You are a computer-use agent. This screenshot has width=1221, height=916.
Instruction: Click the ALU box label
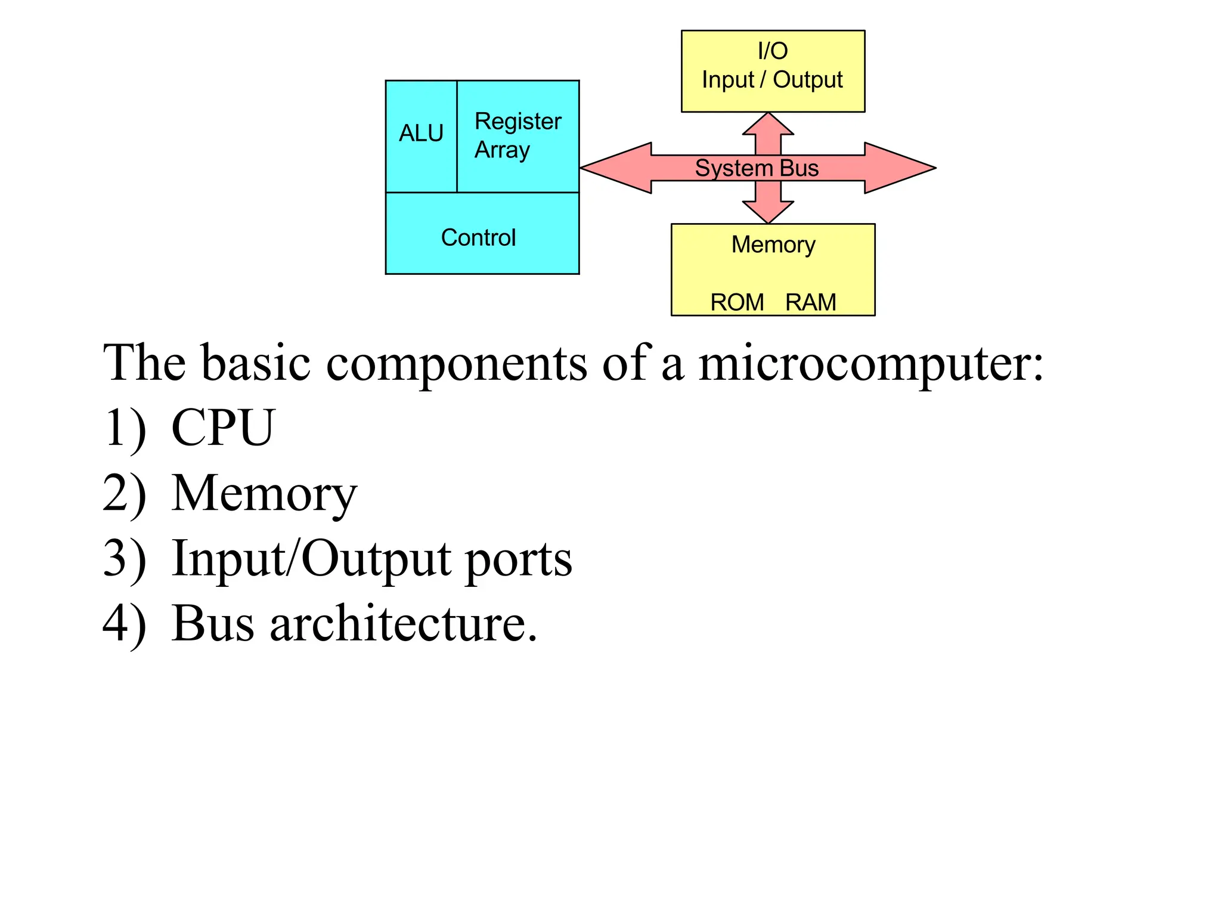tap(421, 133)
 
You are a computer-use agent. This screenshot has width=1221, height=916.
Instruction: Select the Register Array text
tap(516, 135)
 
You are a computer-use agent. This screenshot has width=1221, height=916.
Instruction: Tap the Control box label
tap(478, 237)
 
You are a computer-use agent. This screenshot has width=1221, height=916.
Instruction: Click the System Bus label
tap(757, 168)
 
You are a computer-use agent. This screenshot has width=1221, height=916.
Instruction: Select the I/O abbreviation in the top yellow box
tap(773, 51)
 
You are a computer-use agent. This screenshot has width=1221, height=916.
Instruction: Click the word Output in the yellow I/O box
tap(807, 80)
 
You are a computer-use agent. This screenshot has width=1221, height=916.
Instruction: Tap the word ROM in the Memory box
tap(737, 302)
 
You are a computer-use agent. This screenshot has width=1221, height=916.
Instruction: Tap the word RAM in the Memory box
tap(810, 302)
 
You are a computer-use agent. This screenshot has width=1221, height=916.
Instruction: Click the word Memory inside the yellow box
tap(773, 245)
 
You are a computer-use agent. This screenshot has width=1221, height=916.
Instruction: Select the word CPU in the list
tap(222, 428)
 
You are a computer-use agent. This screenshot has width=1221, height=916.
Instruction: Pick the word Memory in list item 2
tap(264, 494)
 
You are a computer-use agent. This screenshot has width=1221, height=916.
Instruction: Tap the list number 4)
tap(124, 624)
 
